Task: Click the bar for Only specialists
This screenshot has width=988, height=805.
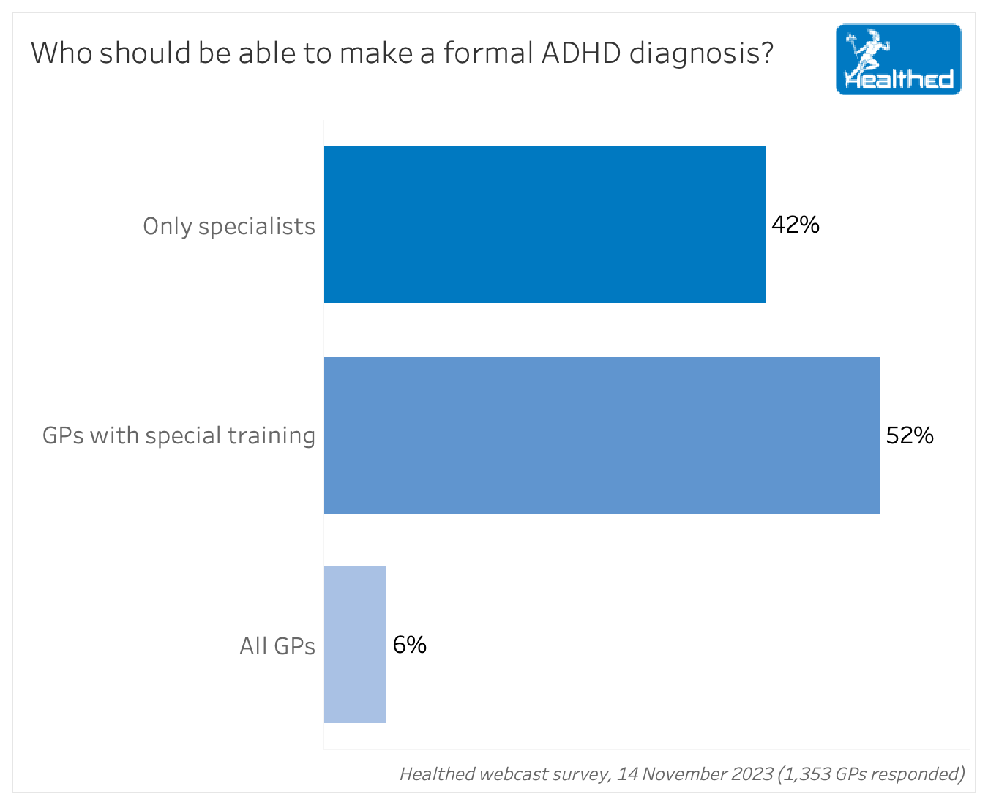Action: [x=544, y=225]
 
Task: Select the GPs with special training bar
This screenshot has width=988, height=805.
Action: [x=602, y=435]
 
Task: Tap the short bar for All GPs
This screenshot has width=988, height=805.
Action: [x=355, y=645]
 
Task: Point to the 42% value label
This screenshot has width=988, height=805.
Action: [x=796, y=225]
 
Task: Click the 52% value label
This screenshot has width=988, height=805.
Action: [x=910, y=436]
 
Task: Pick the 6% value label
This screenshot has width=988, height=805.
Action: [x=409, y=645]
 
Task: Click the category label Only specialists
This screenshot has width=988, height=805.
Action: [x=229, y=226]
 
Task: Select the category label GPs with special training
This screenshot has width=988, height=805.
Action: [x=179, y=435]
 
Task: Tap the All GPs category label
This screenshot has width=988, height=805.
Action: [x=277, y=646]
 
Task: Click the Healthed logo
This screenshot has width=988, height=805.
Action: [x=898, y=59]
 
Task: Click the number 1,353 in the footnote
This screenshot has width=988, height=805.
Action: [x=804, y=774]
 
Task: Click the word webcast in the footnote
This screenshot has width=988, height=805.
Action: [x=509, y=774]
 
